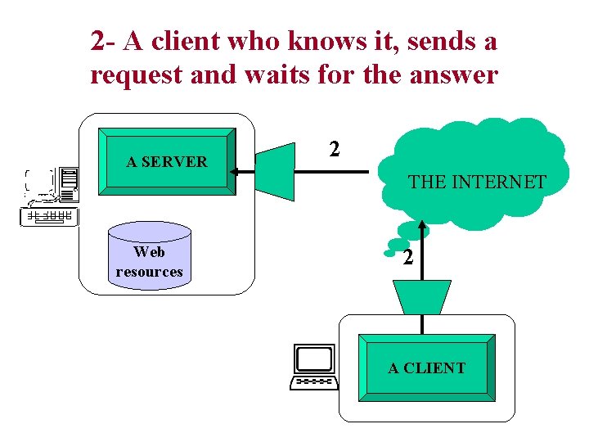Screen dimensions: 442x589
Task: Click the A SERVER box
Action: tap(167, 161)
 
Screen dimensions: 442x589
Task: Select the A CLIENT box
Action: tap(426, 368)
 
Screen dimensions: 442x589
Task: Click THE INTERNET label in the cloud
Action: tap(477, 182)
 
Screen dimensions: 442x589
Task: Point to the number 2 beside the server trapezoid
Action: tap(334, 149)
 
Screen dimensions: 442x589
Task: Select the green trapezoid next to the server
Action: tap(275, 172)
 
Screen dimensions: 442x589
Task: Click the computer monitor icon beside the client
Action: tap(315, 359)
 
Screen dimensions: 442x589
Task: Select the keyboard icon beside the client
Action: tap(314, 381)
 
